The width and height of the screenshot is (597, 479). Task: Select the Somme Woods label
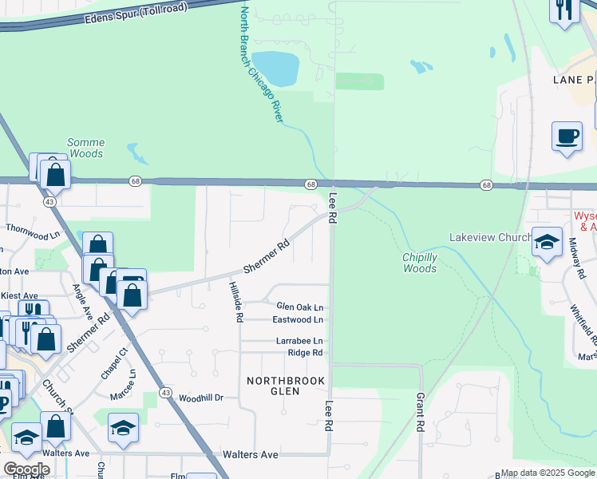click(86, 148)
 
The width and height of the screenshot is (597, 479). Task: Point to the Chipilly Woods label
click(419, 263)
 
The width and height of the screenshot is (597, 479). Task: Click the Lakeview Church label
click(489, 237)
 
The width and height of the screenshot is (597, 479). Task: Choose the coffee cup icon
click(567, 137)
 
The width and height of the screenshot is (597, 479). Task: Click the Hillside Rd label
click(236, 302)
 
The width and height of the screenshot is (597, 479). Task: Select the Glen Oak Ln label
click(299, 307)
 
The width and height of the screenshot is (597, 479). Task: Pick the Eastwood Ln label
click(298, 319)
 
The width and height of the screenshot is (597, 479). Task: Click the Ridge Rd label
click(305, 352)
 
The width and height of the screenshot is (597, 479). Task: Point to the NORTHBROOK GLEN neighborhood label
click(285, 387)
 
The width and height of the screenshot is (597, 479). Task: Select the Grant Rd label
click(418, 412)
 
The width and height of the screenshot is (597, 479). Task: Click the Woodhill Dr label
click(200, 397)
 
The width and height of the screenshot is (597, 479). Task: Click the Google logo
click(26, 469)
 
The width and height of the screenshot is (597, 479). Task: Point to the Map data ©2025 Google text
click(547, 473)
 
